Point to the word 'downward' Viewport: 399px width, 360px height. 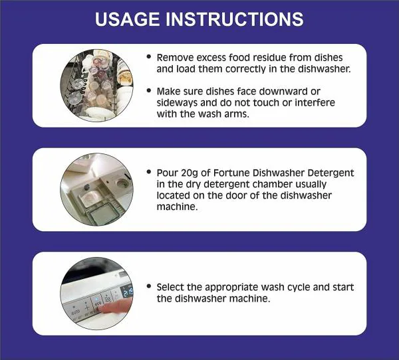pyautogui.click(x=301, y=90)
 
